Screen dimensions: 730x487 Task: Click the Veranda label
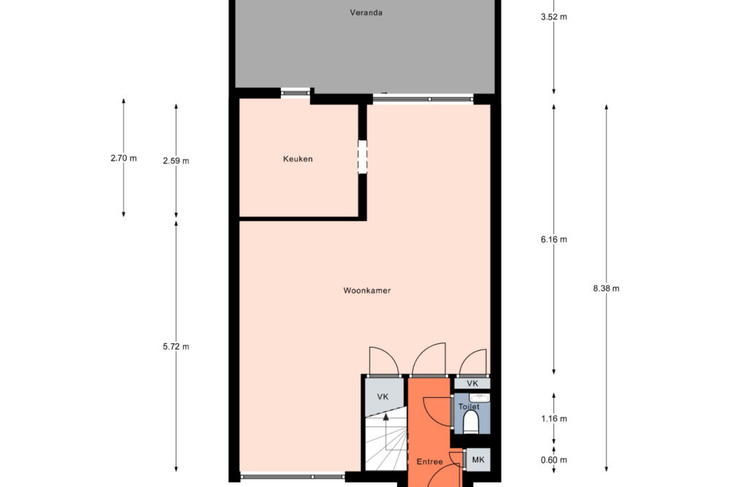(366, 12)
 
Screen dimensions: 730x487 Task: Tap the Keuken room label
(298, 158)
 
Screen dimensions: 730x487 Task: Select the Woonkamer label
(367, 291)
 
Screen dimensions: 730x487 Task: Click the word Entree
(429, 462)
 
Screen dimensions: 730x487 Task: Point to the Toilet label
(469, 407)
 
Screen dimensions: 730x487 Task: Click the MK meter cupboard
(478, 460)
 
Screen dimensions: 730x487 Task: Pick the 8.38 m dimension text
(606, 288)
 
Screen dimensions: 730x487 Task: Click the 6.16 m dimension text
(553, 239)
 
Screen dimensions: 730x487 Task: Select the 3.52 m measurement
(553, 18)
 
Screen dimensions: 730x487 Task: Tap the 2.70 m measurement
(123, 158)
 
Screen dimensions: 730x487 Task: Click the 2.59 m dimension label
(176, 161)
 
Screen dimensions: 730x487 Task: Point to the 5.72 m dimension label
(176, 347)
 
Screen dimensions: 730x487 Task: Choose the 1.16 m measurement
(553, 419)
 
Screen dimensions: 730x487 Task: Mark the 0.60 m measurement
(553, 461)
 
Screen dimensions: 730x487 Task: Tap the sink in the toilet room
(479, 398)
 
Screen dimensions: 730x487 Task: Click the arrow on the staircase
(386, 432)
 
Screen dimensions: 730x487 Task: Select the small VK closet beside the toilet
(472, 383)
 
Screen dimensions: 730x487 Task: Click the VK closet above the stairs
(383, 397)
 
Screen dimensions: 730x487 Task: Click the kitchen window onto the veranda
(296, 93)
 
